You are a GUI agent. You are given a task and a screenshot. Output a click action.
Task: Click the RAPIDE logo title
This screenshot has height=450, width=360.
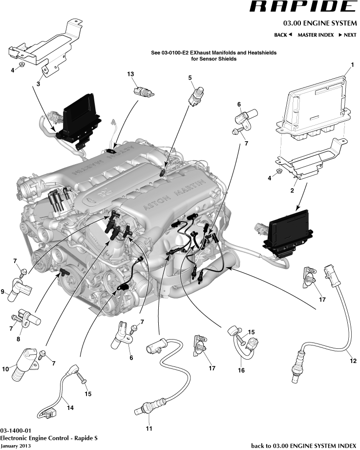(x=301, y=7)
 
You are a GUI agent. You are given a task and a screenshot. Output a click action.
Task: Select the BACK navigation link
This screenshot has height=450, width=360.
(x=283, y=35)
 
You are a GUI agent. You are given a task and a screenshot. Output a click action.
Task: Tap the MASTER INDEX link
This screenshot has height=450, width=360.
(x=316, y=35)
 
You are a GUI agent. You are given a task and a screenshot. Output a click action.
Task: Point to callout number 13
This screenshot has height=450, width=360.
(x=130, y=74)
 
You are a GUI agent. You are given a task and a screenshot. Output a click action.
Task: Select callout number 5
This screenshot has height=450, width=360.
(x=190, y=77)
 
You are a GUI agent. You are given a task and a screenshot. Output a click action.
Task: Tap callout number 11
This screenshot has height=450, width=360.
(x=149, y=429)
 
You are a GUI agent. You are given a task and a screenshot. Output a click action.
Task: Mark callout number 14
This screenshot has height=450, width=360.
(x=70, y=408)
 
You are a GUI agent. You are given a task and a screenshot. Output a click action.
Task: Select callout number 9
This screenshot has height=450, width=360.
(x=3, y=292)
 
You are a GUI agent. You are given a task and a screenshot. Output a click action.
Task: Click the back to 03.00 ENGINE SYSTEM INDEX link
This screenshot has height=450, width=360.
(x=303, y=445)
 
